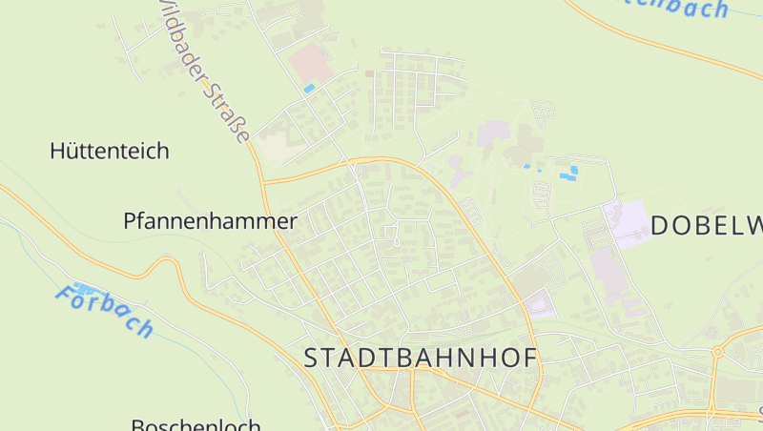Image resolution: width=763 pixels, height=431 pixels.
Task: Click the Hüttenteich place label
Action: [x=109, y=151]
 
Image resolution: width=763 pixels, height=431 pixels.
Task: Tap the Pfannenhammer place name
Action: [x=210, y=221]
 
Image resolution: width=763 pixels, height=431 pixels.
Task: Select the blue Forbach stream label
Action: [x=104, y=311]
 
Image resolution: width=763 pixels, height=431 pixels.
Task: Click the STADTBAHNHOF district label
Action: [x=421, y=358]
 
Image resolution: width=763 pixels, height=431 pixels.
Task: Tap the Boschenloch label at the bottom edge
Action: [x=195, y=423]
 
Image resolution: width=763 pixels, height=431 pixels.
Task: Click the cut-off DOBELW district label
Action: [x=706, y=225]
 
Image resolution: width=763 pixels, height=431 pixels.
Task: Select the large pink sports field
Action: [x=310, y=64]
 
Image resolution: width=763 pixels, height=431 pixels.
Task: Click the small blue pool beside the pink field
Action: [x=308, y=89]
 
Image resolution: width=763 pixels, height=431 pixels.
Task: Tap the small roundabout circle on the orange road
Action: [x=716, y=352]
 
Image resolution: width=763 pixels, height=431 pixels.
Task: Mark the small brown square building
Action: [x=369, y=73]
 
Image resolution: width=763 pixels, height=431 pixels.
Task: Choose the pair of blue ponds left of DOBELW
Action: [x=568, y=174]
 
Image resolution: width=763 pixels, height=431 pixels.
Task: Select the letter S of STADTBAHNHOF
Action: [x=311, y=359]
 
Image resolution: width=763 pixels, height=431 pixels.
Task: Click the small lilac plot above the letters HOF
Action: [x=539, y=303]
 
